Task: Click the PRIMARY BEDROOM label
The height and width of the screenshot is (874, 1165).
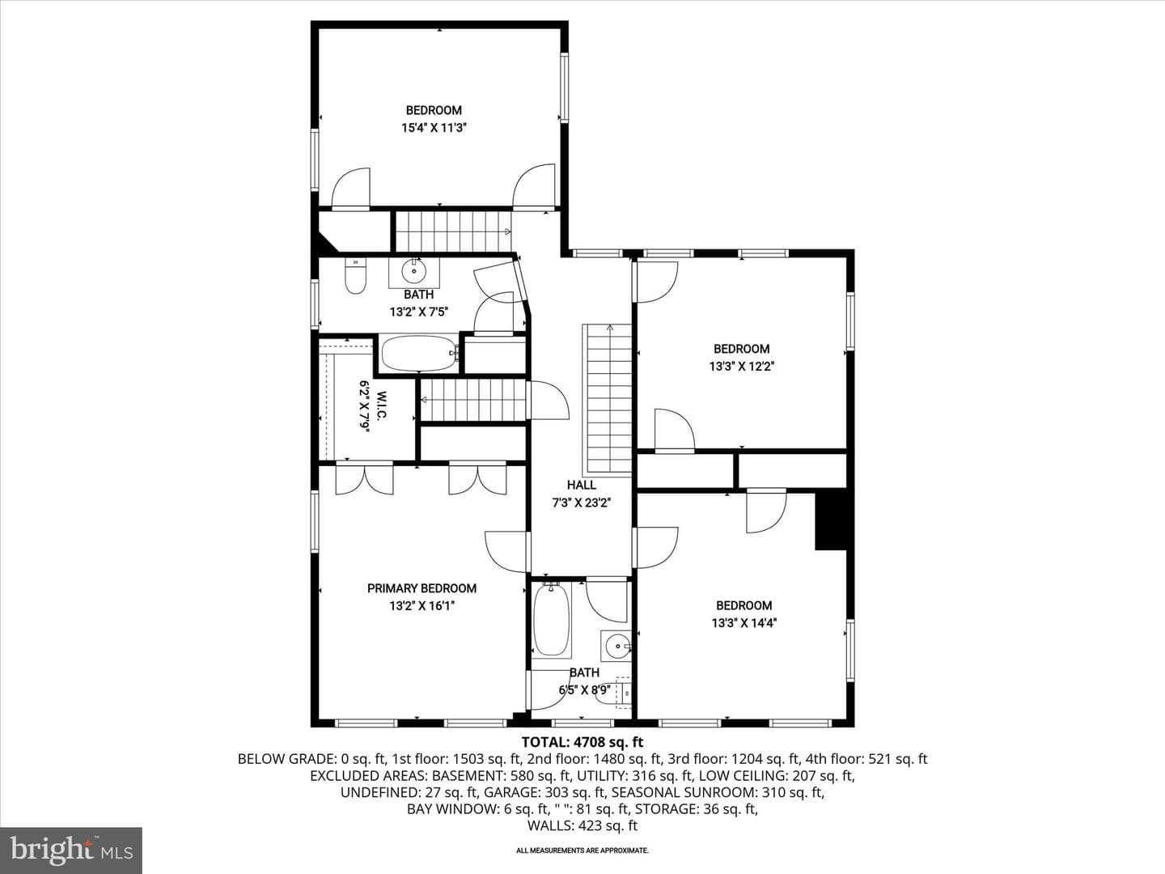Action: point(422,588)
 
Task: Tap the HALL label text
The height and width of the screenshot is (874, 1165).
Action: point(581,485)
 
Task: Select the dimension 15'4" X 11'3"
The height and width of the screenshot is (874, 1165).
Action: point(434,128)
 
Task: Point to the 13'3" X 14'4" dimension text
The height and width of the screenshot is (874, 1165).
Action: point(744,623)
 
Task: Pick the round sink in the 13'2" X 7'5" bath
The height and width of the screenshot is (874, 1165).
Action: point(414,272)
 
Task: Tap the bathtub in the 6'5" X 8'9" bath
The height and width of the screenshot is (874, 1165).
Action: point(552,620)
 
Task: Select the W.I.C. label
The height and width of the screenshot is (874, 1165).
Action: point(381,407)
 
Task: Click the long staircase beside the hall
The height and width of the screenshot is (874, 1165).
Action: point(608,400)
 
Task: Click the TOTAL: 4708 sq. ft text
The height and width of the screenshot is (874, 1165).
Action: point(582,742)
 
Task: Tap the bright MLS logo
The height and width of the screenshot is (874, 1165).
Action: point(71,851)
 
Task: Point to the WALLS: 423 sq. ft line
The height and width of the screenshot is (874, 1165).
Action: point(582,825)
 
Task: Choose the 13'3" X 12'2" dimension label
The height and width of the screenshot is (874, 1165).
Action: point(741,366)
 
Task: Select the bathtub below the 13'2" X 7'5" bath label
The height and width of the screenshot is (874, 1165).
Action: point(419,354)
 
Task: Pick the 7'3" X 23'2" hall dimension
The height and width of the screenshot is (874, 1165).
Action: point(582,503)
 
